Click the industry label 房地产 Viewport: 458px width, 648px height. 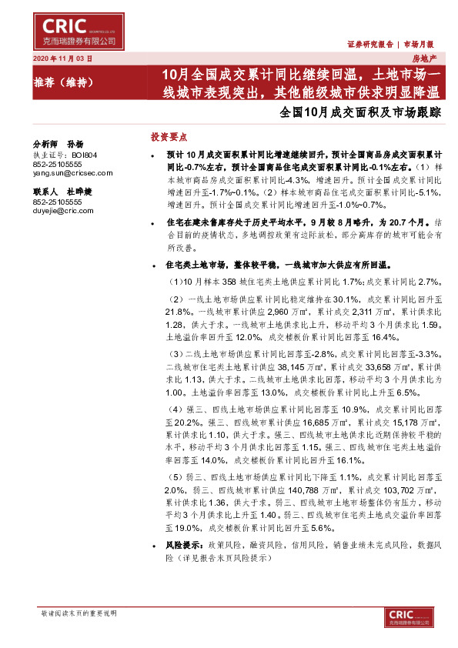coord(425,58)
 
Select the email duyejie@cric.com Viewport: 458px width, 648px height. coord(63,210)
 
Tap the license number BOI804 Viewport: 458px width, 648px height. coord(84,155)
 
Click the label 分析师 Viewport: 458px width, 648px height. coord(45,144)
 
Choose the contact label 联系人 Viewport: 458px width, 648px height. coord(45,191)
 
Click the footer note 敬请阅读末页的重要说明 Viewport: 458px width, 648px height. coord(78,613)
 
